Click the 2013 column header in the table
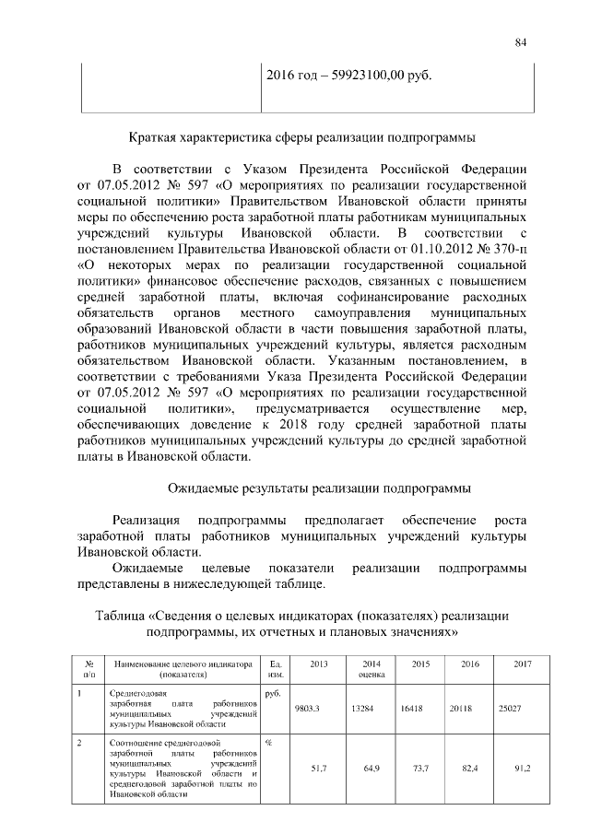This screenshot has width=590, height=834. click(318, 664)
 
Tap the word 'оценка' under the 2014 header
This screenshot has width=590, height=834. click(370, 675)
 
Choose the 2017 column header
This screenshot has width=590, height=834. click(521, 664)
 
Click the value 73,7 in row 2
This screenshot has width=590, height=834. click(419, 767)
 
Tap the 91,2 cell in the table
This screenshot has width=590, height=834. click(521, 767)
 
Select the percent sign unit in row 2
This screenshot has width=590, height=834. click(267, 741)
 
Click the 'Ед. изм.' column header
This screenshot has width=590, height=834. click(274, 669)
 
